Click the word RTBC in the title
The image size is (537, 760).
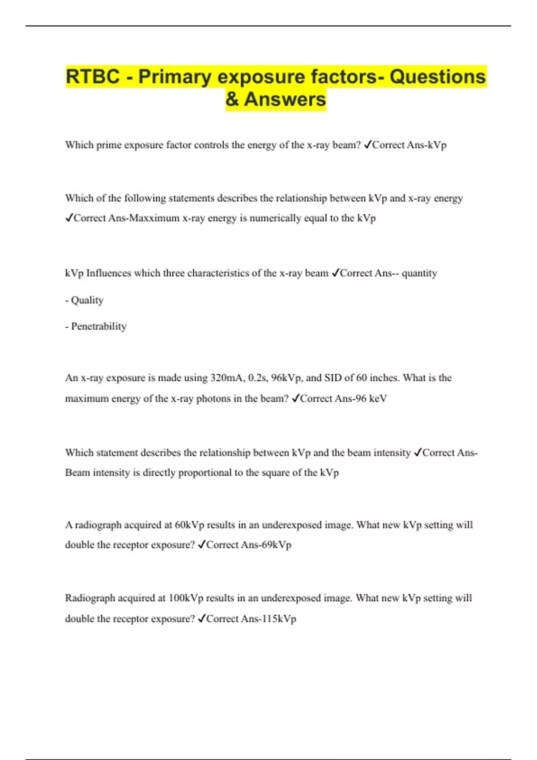pyautogui.click(x=93, y=76)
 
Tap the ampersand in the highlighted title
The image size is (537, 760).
pyautogui.click(x=232, y=99)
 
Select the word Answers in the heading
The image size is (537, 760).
pyautogui.click(x=285, y=99)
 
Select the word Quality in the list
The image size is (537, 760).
pyautogui.click(x=87, y=300)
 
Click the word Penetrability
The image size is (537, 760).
pyautogui.click(x=99, y=326)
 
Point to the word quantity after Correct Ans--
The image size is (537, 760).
pyautogui.click(x=419, y=273)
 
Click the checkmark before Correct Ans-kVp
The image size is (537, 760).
pyautogui.click(x=367, y=145)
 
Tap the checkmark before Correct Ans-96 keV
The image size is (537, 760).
pyautogui.click(x=295, y=398)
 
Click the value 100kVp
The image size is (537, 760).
pyautogui.click(x=186, y=598)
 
